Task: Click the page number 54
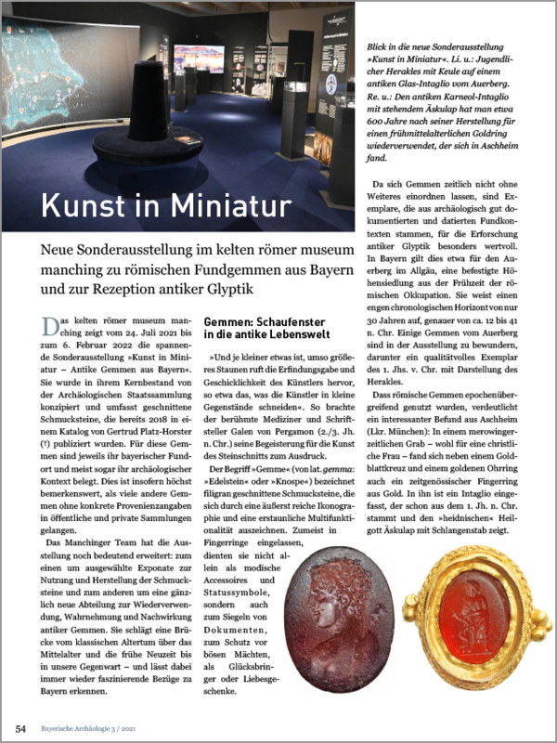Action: (x=20, y=726)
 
